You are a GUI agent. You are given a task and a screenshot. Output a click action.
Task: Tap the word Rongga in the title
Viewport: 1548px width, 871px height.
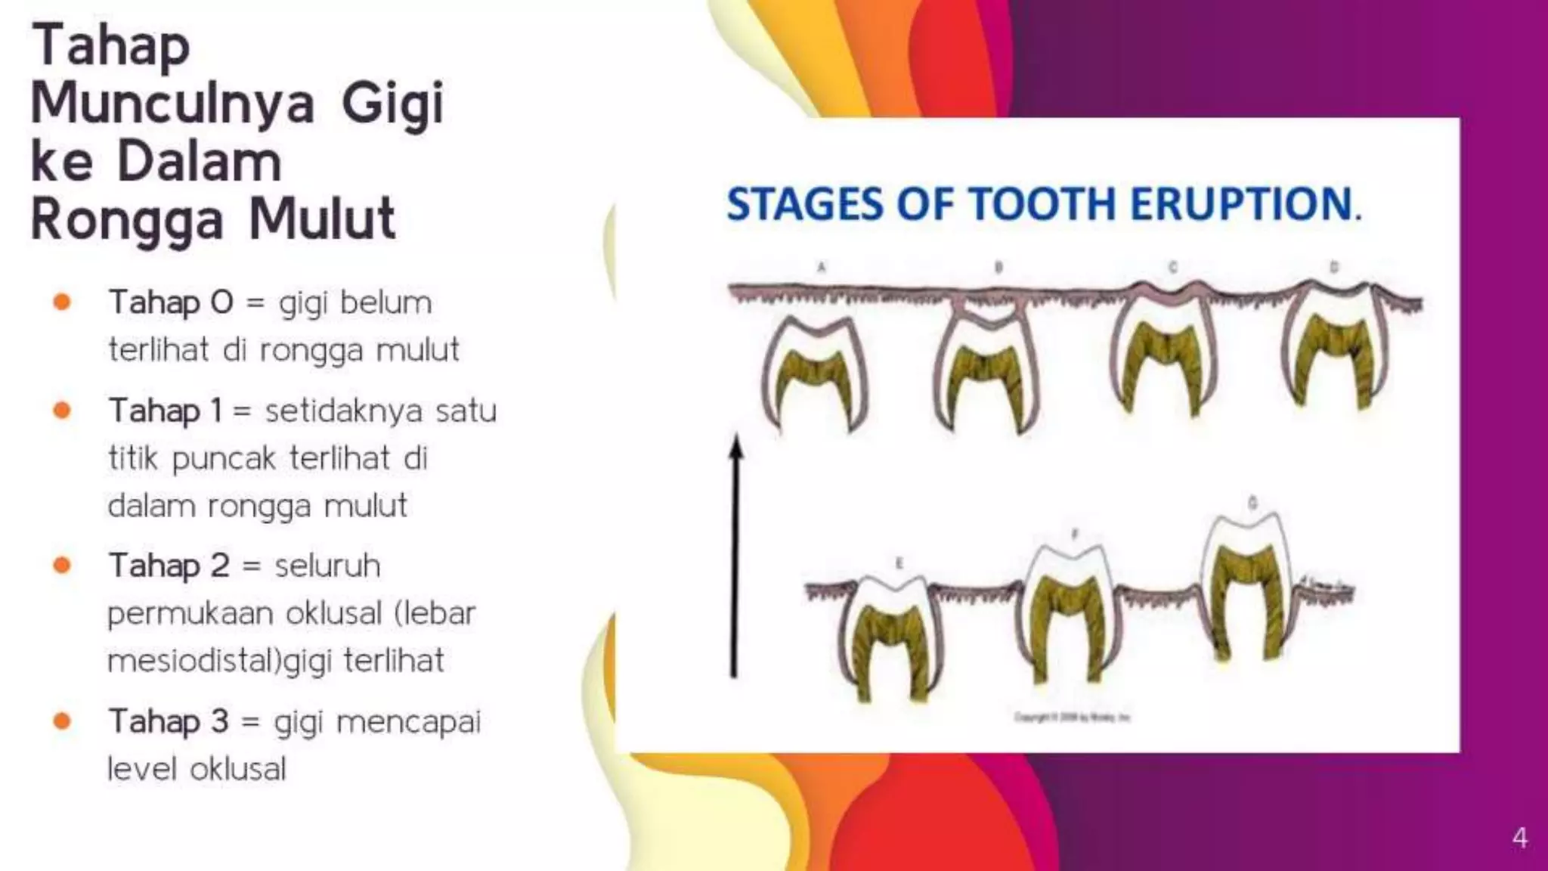pos(127,220)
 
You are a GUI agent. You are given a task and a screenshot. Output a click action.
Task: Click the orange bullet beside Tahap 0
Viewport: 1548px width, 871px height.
pos(62,302)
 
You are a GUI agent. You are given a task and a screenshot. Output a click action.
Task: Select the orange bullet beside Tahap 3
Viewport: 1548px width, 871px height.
pos(62,721)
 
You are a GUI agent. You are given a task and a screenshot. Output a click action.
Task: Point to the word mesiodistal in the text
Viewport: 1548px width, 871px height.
pos(193,661)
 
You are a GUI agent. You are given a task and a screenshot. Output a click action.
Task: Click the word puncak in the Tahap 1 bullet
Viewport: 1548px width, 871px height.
pos(224,458)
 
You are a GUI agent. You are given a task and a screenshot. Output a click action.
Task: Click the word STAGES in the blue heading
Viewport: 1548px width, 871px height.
pos(804,204)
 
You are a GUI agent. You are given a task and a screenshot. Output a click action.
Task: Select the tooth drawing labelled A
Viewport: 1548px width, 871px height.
pos(815,374)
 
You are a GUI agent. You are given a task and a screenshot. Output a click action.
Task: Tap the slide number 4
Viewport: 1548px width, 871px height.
pos(1519,838)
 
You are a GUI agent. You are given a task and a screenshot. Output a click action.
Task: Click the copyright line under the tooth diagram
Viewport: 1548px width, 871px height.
pos(1072,717)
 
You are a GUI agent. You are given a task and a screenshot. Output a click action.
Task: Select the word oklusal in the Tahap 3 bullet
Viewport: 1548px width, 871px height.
pos(238,770)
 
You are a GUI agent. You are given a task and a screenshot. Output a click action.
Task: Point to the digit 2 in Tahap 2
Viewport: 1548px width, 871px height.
pos(219,566)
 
